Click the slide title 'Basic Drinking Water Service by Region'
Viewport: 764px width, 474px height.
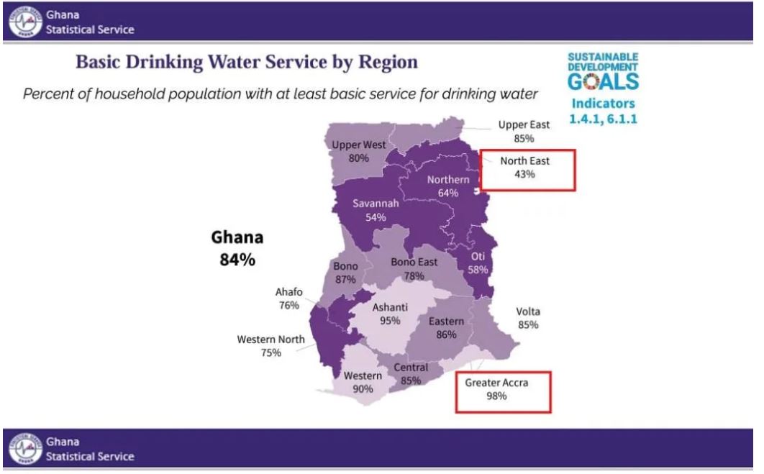coord(247,63)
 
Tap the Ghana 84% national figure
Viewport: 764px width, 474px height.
coord(237,249)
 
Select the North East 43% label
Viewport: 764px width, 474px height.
coord(524,168)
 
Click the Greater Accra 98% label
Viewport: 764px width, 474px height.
coord(496,390)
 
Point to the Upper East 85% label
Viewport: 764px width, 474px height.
coord(524,131)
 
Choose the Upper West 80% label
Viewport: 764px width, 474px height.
coord(359,151)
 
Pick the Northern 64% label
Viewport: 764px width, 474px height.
coord(447,186)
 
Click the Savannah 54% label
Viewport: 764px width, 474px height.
coord(376,211)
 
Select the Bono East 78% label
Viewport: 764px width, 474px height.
coord(414,269)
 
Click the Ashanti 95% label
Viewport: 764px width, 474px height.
coord(390,314)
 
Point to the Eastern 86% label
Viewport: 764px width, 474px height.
coord(446,327)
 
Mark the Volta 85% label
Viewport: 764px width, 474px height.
coord(528,318)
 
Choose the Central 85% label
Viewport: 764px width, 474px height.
coord(411,374)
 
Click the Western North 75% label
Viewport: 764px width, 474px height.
coord(271,346)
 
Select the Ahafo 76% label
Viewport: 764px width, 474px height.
coord(288,298)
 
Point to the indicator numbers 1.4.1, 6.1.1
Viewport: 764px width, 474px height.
coord(603,117)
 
